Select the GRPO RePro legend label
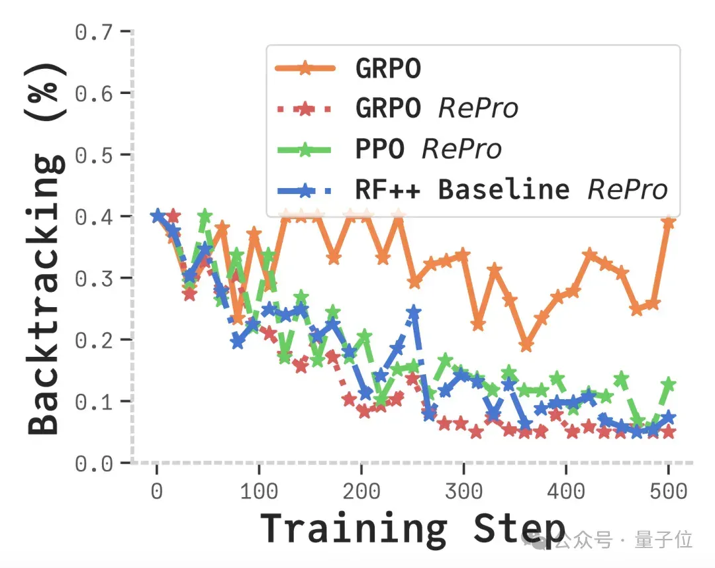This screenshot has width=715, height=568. click(436, 109)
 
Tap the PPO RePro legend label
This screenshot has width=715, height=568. click(428, 149)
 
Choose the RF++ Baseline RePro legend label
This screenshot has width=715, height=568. click(511, 189)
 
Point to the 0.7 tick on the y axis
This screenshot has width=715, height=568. click(94, 32)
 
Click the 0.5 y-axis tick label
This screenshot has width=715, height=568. click(94, 156)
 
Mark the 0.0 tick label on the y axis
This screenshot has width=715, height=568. click(94, 463)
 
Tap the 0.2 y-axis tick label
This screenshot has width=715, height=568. click(94, 340)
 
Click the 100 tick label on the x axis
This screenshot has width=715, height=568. click(259, 491)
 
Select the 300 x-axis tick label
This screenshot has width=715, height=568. click(463, 491)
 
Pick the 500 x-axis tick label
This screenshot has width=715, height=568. click(669, 491)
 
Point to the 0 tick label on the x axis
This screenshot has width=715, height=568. click(157, 491)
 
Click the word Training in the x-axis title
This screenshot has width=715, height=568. click(354, 529)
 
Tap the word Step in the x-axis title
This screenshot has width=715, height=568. click(520, 529)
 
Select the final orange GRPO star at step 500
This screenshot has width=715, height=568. click(669, 222)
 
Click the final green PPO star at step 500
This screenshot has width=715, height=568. click(669, 384)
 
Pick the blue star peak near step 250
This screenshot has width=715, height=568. click(414, 312)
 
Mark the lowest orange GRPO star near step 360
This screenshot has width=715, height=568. click(526, 345)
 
